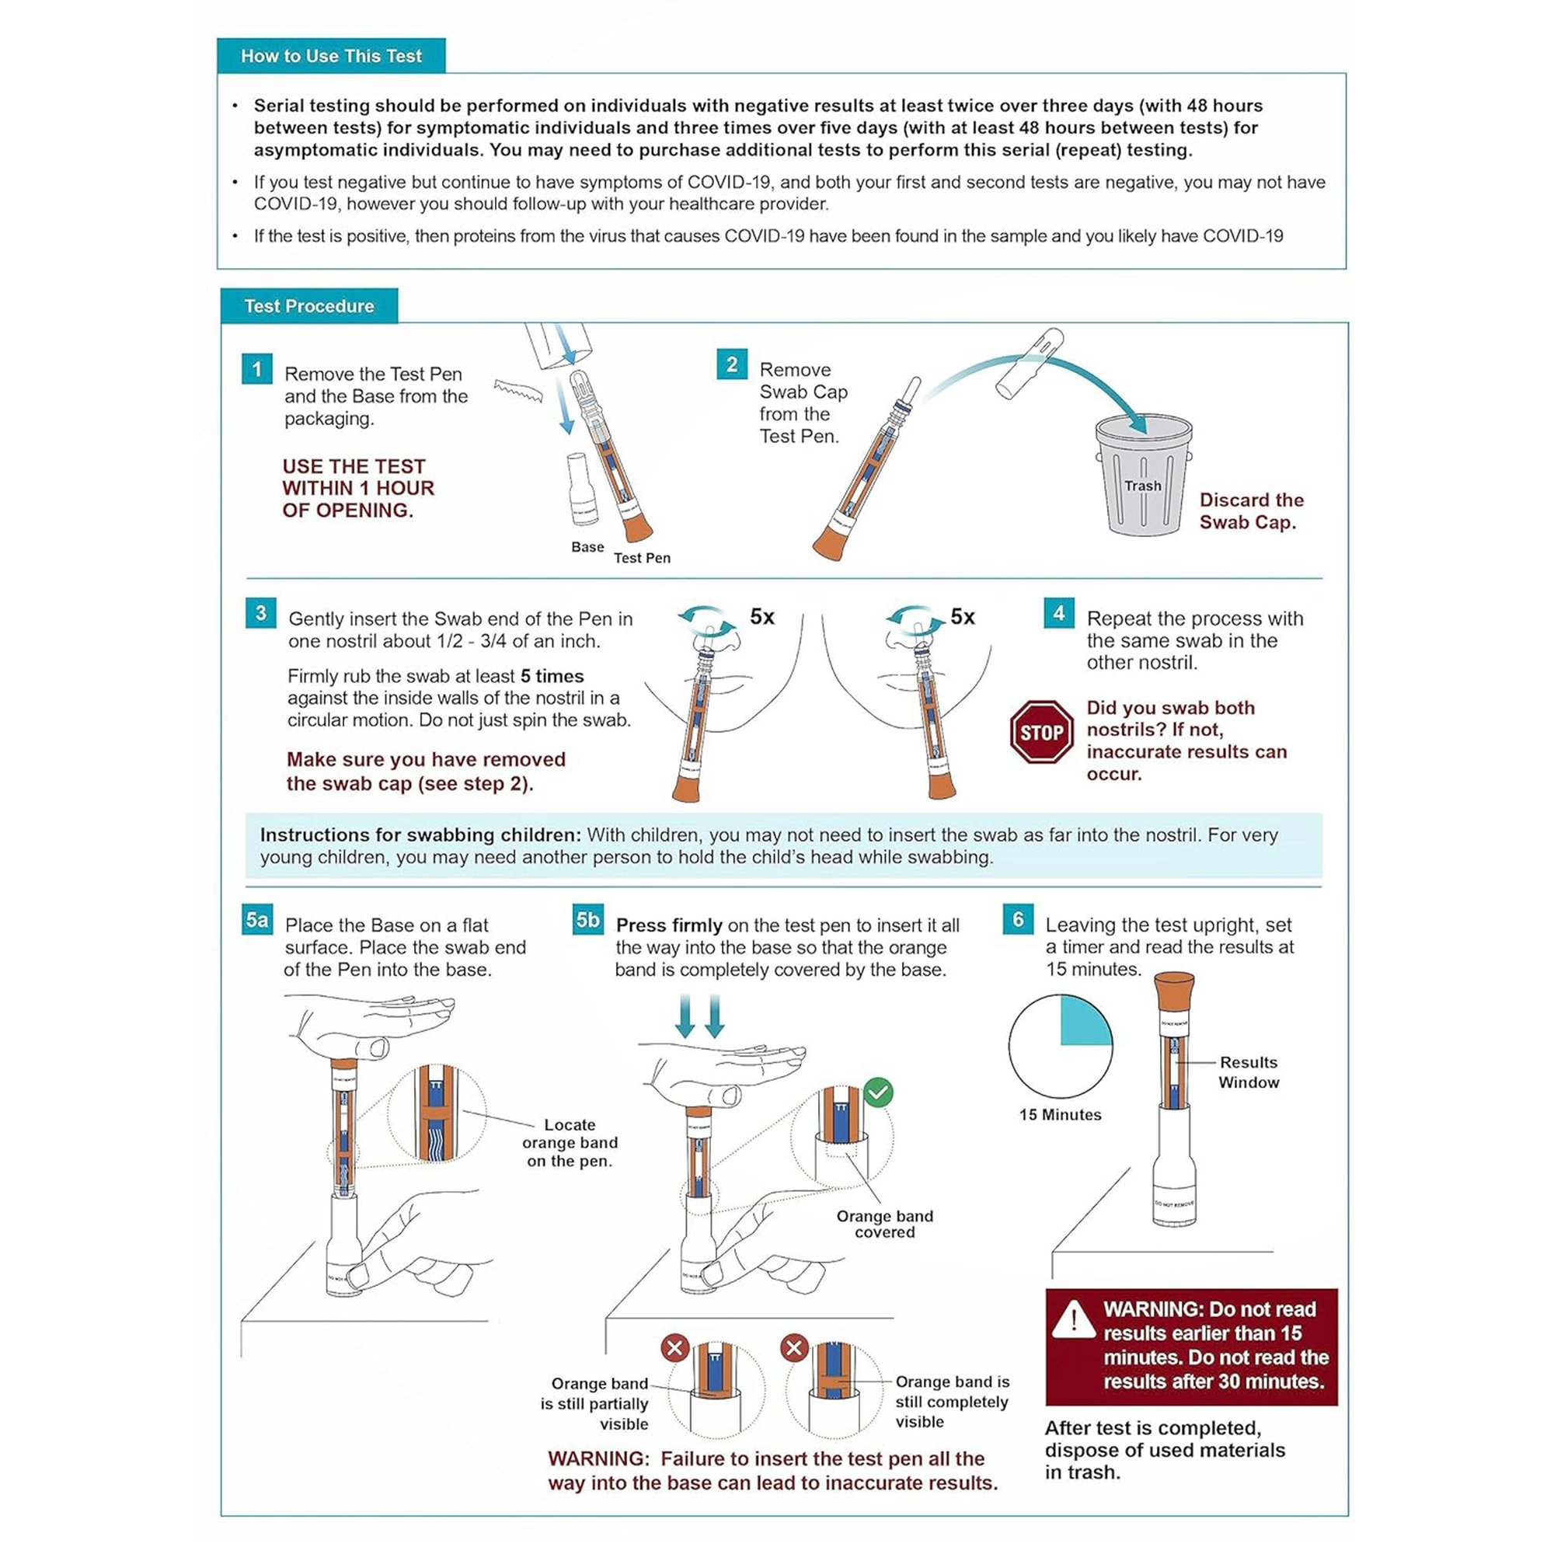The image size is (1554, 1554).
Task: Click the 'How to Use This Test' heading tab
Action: [330, 55]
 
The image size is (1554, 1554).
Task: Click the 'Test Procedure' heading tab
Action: [309, 305]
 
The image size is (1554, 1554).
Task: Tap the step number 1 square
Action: [256, 369]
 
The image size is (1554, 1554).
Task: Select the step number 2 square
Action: [731, 364]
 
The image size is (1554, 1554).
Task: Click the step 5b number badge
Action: [587, 919]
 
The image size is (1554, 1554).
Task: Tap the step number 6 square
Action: [1018, 919]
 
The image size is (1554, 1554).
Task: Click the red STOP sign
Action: [1041, 732]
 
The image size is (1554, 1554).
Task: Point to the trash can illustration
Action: [1142, 475]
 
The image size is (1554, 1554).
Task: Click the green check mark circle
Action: [877, 1092]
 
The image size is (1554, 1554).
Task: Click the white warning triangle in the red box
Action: [1073, 1319]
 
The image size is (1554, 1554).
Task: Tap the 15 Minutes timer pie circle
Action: [1060, 1046]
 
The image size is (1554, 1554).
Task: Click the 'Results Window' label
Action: [1248, 1072]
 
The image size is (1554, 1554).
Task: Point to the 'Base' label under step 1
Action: [587, 547]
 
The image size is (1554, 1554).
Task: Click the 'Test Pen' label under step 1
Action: [642, 558]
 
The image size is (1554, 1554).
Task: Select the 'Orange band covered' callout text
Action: [884, 1224]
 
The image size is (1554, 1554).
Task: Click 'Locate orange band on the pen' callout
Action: [570, 1142]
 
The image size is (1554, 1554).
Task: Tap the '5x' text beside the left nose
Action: [761, 617]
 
